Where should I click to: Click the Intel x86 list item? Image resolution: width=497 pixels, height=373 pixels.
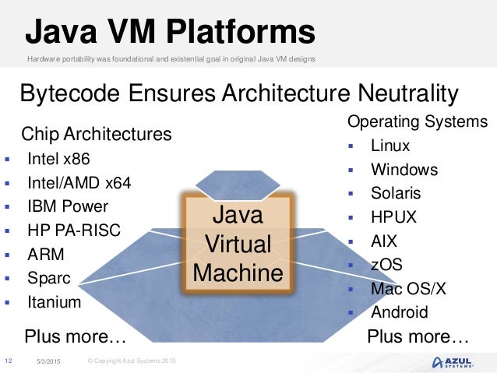[58, 159]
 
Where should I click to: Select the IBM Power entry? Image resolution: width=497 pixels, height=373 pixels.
[68, 206]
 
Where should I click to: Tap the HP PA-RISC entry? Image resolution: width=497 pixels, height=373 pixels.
[75, 230]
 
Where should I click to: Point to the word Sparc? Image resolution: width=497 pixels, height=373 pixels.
[48, 278]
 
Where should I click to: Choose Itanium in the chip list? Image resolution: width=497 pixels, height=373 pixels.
[54, 301]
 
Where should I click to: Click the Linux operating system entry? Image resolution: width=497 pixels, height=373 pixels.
[390, 146]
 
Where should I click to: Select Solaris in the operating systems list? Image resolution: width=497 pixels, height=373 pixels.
[396, 193]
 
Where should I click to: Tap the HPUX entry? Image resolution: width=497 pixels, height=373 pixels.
[393, 217]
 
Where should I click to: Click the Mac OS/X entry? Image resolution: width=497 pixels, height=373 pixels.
[408, 289]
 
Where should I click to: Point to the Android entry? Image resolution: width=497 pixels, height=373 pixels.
[399, 312]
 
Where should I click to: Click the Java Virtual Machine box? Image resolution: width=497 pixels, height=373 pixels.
[238, 244]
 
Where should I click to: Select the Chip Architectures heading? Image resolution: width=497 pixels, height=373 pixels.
[97, 134]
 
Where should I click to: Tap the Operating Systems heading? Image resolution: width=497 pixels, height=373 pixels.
[418, 121]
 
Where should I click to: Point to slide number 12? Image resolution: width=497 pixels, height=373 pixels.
[9, 361]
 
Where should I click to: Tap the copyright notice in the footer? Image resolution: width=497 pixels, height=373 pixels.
[132, 361]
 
